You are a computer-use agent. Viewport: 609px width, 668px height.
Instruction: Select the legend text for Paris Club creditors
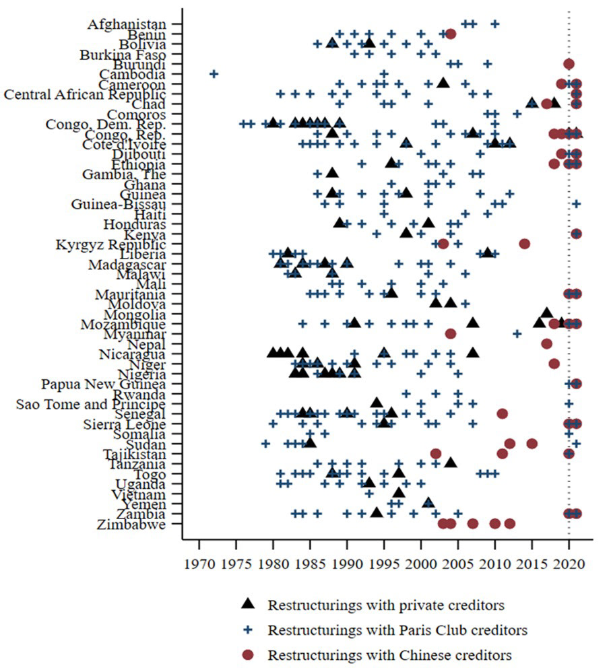click(397, 630)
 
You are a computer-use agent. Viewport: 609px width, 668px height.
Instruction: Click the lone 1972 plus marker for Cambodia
click(214, 73)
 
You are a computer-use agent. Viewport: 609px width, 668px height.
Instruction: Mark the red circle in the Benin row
click(451, 34)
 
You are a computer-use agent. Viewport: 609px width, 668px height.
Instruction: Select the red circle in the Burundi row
click(569, 64)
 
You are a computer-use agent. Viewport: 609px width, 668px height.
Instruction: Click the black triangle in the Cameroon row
click(443, 83)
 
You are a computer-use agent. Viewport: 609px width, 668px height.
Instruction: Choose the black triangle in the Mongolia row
click(547, 313)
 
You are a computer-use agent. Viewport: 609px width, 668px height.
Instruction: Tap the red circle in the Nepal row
click(546, 343)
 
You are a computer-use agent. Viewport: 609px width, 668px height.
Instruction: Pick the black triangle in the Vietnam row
click(399, 492)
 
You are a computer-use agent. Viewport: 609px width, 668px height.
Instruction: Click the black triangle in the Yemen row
click(428, 502)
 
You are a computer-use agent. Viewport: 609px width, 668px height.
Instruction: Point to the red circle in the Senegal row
click(502, 413)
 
